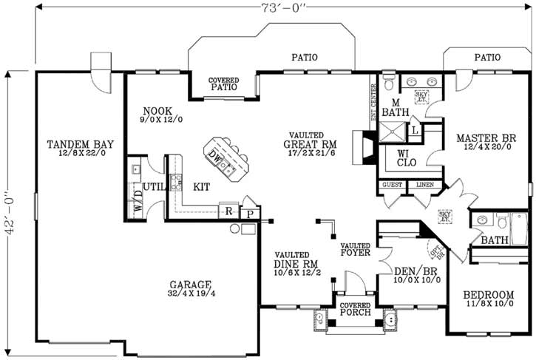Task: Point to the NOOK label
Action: (x=157, y=112)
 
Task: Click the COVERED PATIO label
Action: (x=223, y=83)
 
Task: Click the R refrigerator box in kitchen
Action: (x=230, y=211)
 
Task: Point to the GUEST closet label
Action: (x=392, y=184)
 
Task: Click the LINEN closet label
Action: (x=424, y=184)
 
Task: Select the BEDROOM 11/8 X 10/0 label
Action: (x=489, y=298)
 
